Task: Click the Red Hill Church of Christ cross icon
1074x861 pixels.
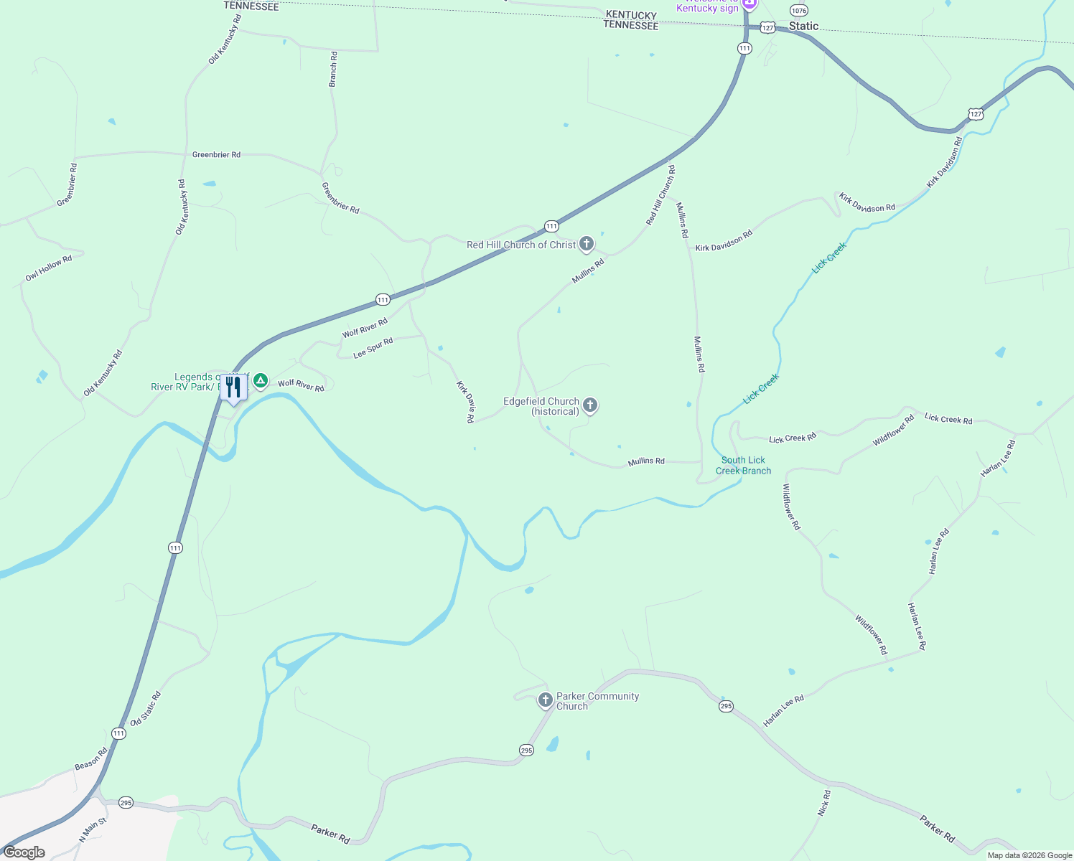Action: coord(587,244)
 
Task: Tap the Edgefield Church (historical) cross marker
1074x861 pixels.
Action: coord(590,405)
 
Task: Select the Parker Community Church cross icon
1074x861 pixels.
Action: coord(545,700)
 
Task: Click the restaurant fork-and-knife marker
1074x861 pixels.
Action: coord(233,387)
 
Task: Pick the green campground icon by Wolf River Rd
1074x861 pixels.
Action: coord(261,380)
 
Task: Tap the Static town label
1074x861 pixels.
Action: coord(803,27)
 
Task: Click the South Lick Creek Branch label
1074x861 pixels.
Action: coord(743,466)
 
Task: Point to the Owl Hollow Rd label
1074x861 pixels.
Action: coord(49,268)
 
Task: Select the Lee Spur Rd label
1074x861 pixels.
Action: coord(373,348)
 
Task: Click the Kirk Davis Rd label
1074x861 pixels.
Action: coord(465,402)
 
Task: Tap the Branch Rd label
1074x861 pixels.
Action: coord(333,70)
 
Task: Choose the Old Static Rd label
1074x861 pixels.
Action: coord(146,709)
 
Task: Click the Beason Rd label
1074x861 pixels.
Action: coord(91,759)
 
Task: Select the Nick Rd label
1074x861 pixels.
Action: coord(824,803)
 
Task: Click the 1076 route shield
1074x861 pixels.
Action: coord(798,10)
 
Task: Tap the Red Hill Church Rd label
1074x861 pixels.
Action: coord(660,195)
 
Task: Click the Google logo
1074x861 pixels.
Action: coord(24,852)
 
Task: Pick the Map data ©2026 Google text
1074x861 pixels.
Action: coord(1029,855)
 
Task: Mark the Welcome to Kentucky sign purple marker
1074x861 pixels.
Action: coord(749,4)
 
